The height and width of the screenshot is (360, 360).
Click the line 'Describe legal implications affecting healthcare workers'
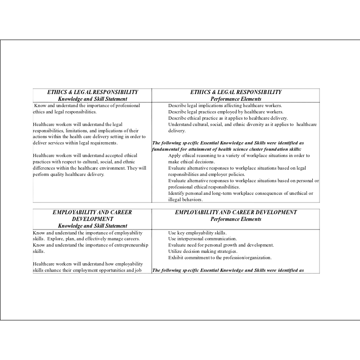click(x=225, y=106)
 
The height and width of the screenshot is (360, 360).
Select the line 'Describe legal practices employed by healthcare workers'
click(x=225, y=112)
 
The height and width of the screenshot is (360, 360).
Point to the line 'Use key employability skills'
click(x=197, y=233)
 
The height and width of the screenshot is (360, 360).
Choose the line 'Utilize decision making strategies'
click(x=202, y=252)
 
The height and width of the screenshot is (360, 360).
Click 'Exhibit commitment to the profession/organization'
click(x=220, y=258)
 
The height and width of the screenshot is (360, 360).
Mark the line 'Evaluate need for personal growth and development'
click(x=220, y=245)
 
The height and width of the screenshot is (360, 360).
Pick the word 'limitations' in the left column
click(x=74, y=131)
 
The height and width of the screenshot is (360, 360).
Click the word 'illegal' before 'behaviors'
click(x=175, y=199)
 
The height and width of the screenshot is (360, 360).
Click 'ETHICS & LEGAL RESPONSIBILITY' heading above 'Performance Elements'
click(x=236, y=92)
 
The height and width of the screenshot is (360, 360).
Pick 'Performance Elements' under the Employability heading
click(x=236, y=219)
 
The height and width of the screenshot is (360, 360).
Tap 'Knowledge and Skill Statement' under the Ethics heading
click(x=93, y=99)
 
